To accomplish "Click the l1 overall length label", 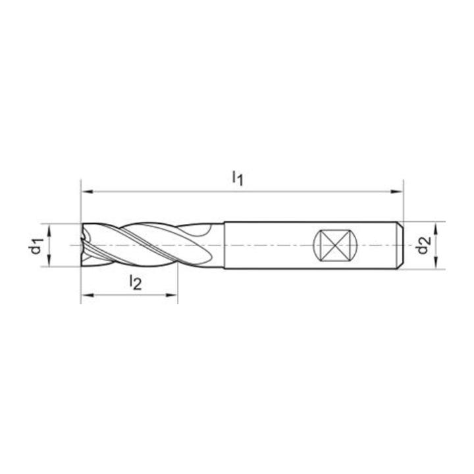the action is [237, 178].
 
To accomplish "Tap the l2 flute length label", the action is [135, 282].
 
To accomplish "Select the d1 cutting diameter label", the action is [36, 246].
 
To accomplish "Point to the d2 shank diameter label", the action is [423, 245].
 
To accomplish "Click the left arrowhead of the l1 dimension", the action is [87, 192].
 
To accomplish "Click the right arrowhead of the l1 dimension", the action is [397, 192].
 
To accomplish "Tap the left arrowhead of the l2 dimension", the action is [87, 295].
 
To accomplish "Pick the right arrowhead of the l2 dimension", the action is [171, 295].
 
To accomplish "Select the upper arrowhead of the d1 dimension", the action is [49, 230].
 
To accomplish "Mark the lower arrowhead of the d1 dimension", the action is [49, 261].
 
